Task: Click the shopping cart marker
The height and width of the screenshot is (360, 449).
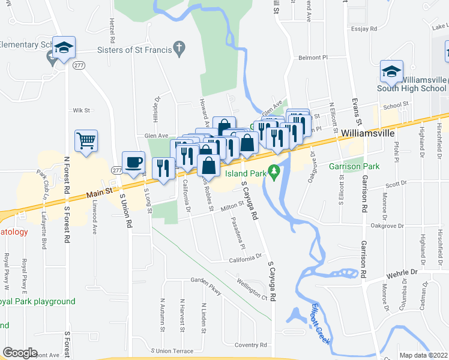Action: click(86, 141)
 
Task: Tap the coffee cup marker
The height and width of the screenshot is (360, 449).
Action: click(133, 161)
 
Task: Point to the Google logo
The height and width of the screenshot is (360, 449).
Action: click(20, 353)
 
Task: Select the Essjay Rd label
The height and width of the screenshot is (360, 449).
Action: click(365, 28)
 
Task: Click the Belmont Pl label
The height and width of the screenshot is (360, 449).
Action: click(313, 58)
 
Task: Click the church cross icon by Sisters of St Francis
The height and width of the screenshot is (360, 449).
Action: click(179, 47)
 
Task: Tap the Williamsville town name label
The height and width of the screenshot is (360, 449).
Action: click(366, 132)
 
